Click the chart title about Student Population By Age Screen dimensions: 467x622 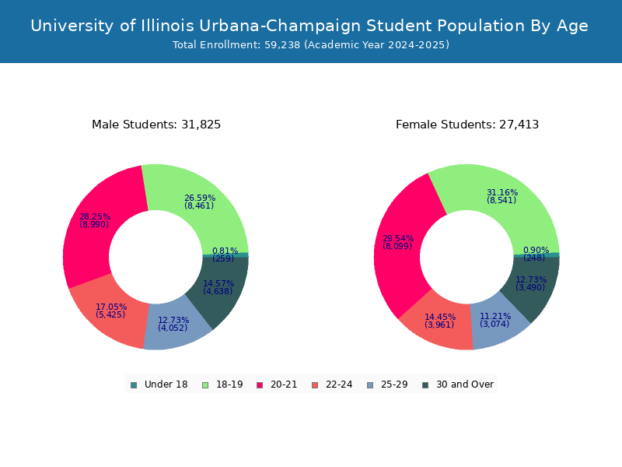coord(309,26)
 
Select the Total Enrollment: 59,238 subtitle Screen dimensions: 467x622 coord(311,45)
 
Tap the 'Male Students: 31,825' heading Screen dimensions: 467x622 coord(156,125)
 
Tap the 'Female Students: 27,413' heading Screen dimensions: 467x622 coord(467,125)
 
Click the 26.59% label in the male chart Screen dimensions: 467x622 coord(200,198)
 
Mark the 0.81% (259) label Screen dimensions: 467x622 coord(225,255)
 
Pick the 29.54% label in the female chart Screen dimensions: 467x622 coord(398,238)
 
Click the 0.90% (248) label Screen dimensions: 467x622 coord(535,254)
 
